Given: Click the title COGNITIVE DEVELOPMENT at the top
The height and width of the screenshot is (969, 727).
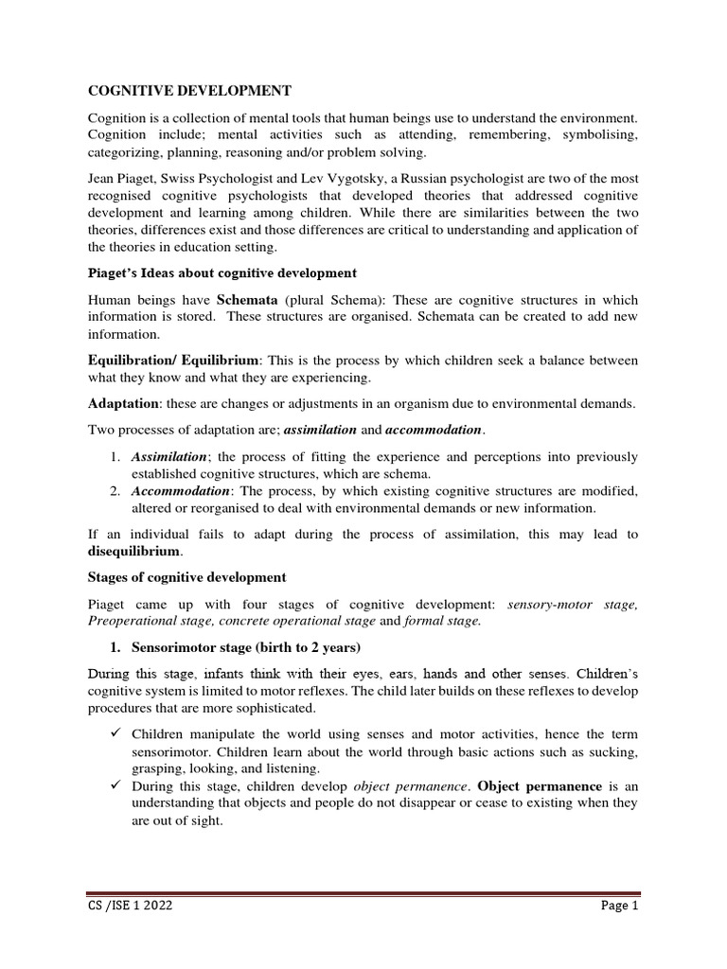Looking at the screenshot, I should pos(189,91).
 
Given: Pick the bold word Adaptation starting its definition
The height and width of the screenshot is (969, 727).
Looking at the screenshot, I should pos(122,404).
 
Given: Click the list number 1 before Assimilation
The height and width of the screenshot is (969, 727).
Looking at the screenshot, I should pos(115,457).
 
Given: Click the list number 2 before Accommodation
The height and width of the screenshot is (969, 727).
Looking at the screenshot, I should pos(115,491).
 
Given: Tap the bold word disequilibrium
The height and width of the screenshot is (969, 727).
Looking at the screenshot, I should pos(133,552).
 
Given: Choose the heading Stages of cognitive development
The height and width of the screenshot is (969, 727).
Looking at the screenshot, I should pos(186,577).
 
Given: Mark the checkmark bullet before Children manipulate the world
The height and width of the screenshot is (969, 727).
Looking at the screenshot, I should pos(114,733).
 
